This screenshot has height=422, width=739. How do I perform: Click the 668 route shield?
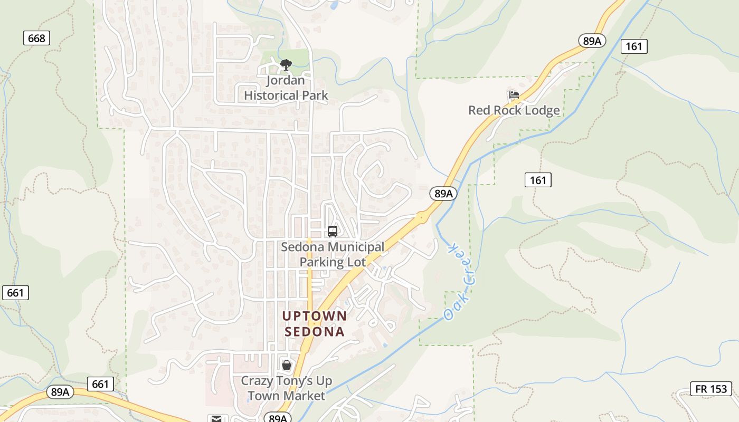36,38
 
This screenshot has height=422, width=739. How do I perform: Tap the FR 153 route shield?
711,389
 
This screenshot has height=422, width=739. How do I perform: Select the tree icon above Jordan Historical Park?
286,65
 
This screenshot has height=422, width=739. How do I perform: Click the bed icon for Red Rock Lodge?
514,95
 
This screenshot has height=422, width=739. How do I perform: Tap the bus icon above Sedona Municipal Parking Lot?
332,231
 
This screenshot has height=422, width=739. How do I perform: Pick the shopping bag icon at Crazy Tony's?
286,365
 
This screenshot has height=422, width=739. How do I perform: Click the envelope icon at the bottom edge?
216,419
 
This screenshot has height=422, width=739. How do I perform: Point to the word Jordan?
286,81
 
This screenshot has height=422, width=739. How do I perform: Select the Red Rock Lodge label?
514,110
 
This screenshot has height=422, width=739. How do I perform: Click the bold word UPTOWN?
315,316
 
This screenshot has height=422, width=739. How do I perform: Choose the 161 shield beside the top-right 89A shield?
633,46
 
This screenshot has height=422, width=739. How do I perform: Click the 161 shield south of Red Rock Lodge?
538,180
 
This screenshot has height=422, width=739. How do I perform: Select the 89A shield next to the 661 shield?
60,392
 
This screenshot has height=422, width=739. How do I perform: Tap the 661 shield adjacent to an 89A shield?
100,384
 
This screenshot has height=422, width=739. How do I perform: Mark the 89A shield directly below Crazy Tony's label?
277,418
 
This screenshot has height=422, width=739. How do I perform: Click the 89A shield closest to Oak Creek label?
443,194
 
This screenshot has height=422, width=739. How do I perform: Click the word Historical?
286,95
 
